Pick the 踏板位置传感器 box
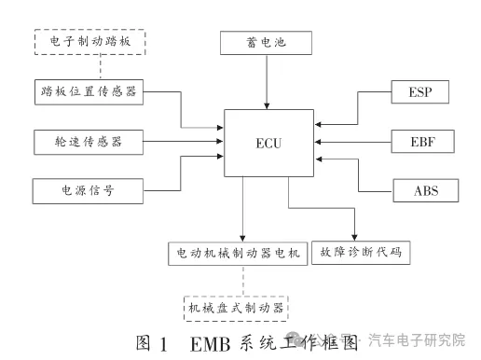tap(90, 92)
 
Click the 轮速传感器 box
tap(90, 142)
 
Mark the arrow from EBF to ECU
tap(353, 143)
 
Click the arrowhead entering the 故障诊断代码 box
tap(355, 236)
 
